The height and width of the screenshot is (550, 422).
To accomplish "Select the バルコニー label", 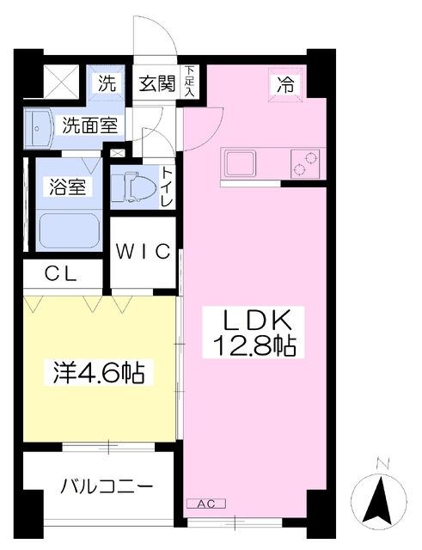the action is point(107,487).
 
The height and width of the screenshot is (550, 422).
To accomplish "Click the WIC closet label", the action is point(144,251).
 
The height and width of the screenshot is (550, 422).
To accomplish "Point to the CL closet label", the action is point(61,275).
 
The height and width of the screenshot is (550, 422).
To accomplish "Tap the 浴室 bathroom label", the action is point(68,186).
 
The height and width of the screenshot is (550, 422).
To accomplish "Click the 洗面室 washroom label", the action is point(89,125).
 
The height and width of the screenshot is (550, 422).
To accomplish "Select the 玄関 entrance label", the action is point(156,84).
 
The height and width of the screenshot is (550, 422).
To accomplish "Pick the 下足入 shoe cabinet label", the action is point(190,81).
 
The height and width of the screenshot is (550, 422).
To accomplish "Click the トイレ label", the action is point(167,187).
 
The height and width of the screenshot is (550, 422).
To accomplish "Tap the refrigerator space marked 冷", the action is point(285,85).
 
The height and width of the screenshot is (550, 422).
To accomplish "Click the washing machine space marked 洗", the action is point(107,84).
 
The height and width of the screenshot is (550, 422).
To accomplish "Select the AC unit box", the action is point(206,504).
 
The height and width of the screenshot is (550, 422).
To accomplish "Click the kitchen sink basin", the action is point(241,162).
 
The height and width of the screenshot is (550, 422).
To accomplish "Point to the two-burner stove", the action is point(305,163).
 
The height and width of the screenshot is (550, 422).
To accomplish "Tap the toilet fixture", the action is point(132,187).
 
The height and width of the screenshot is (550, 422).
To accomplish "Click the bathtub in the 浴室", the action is point(70,231).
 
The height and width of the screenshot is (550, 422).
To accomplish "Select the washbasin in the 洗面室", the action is point(39,129).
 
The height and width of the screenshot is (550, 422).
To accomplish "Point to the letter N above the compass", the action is point(382,463).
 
